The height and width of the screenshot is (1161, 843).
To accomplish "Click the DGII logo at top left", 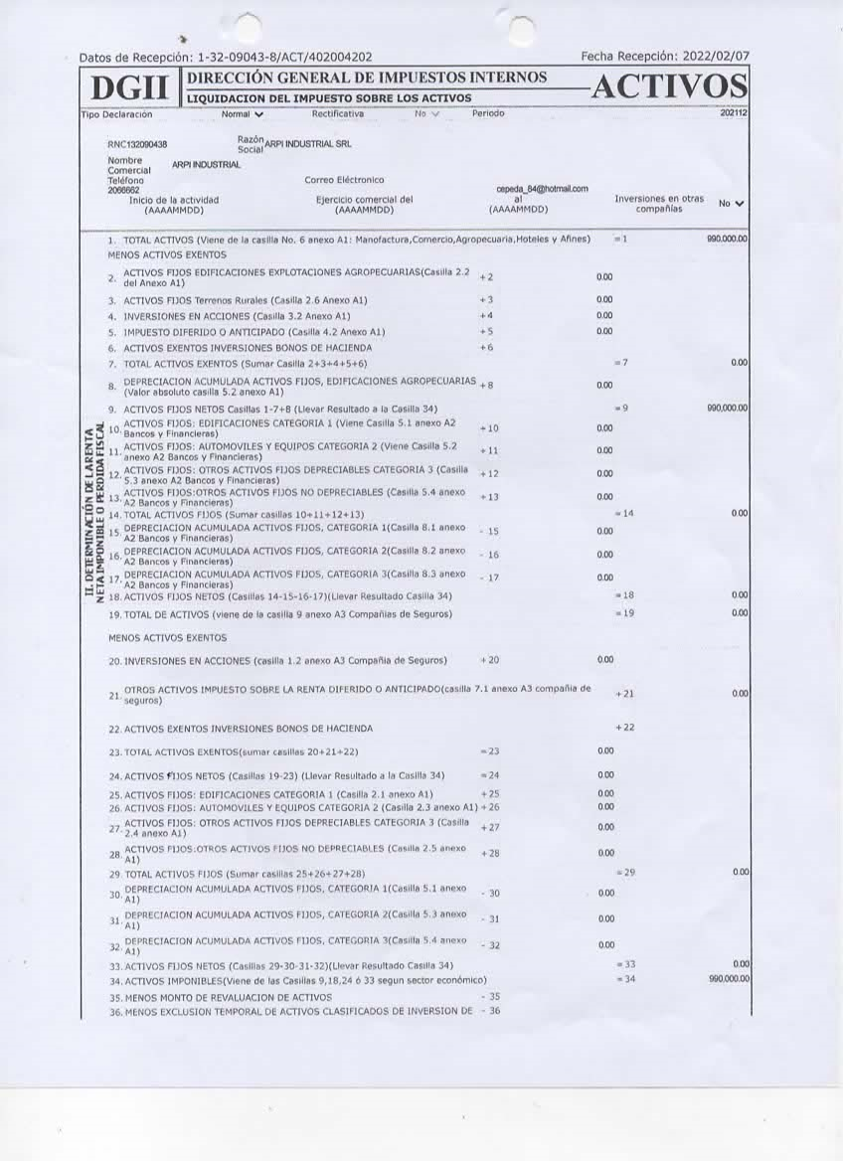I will pyautogui.click(x=130, y=89).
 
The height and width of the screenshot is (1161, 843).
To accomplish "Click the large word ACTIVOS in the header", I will pyautogui.click(x=668, y=87).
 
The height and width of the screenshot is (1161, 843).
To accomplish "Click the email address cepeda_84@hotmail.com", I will pyautogui.click(x=542, y=189).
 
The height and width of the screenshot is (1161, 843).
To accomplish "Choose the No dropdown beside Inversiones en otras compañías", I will pyautogui.click(x=732, y=204).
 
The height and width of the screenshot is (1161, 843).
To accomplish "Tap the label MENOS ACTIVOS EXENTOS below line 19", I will pyautogui.click(x=167, y=637).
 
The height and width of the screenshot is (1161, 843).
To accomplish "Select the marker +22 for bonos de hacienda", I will pyautogui.click(x=624, y=728).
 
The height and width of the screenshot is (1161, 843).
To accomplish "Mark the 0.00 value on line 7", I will pyautogui.click(x=739, y=363).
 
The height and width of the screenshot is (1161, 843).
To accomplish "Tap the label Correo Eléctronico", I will pyautogui.click(x=344, y=180).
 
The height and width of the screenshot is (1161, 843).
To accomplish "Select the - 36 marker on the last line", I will pyautogui.click(x=489, y=1011).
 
